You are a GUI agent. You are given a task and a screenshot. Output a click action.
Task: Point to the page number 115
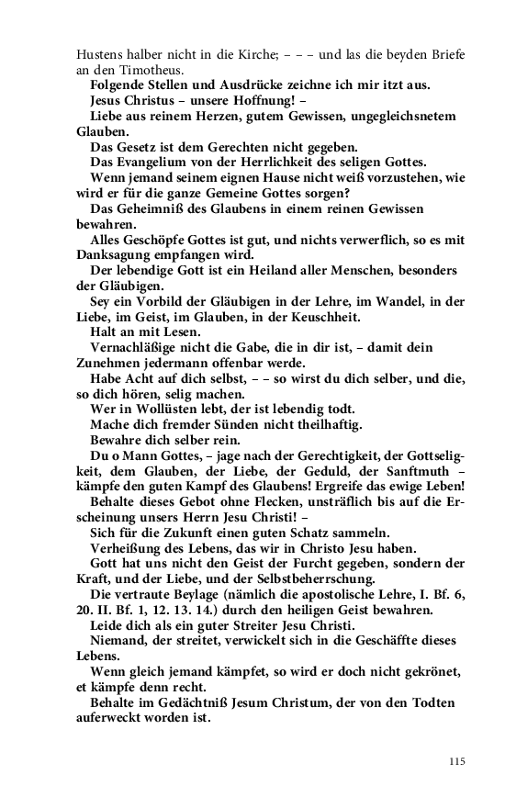[458, 760]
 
